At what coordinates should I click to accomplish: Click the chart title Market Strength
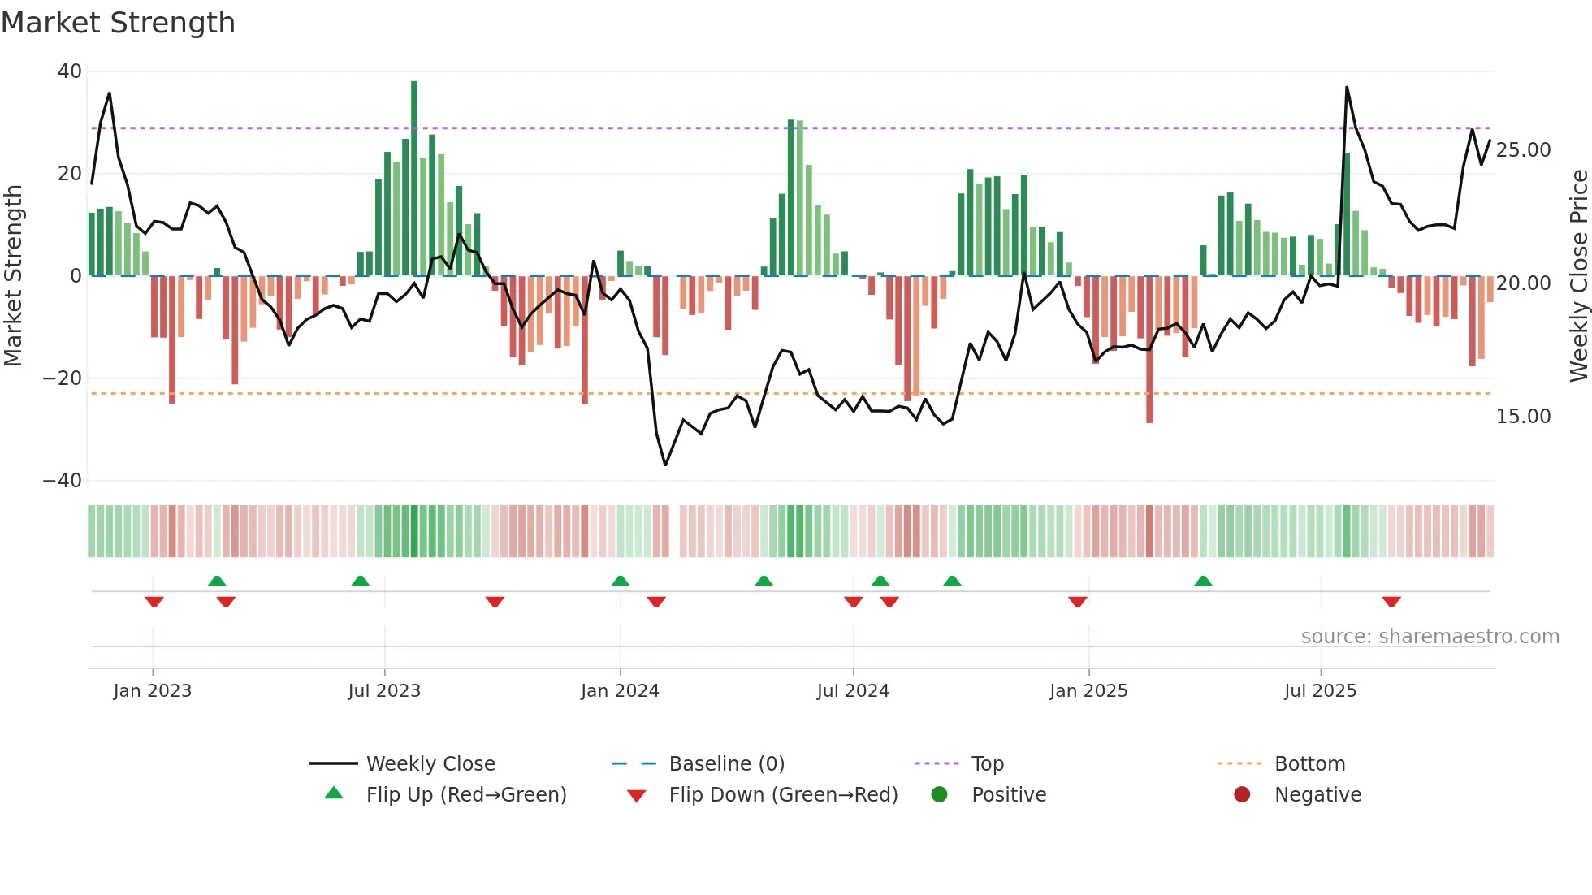(118, 23)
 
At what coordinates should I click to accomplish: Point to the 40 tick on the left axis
(70, 71)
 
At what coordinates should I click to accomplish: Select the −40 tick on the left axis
(63, 481)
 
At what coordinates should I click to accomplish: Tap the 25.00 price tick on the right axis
(1523, 150)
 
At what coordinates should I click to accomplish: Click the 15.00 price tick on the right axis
(1523, 417)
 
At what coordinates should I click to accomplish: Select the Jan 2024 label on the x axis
(620, 691)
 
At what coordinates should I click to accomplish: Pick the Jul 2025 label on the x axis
(1320, 691)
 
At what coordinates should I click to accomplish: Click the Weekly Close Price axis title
(1578, 276)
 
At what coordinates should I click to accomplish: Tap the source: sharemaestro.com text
(1430, 637)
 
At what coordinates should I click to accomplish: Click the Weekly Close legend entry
(430, 764)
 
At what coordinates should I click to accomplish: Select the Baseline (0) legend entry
(726, 764)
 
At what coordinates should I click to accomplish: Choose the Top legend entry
(987, 764)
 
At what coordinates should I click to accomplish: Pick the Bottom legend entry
(1309, 764)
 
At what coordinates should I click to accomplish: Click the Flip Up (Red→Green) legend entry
(465, 795)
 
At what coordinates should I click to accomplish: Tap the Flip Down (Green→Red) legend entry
(783, 795)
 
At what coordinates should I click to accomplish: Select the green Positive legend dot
(940, 795)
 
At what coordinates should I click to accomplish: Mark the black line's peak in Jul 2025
(1347, 87)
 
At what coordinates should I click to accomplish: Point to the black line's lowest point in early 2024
(665, 465)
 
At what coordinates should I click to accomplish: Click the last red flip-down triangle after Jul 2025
(1391, 602)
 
